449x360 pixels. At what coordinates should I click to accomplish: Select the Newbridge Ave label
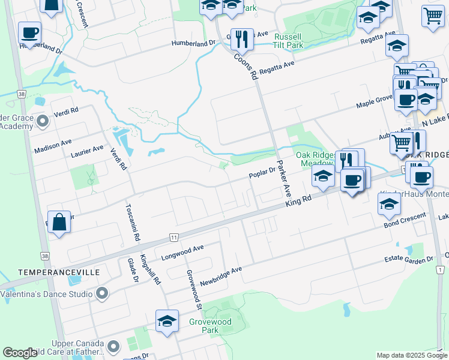click(221, 274)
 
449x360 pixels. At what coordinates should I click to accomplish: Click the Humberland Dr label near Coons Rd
click(193, 43)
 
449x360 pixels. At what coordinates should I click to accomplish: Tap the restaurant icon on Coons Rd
click(242, 39)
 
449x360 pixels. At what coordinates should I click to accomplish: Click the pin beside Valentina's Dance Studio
click(102, 294)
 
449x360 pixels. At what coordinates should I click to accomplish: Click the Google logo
click(20, 353)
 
